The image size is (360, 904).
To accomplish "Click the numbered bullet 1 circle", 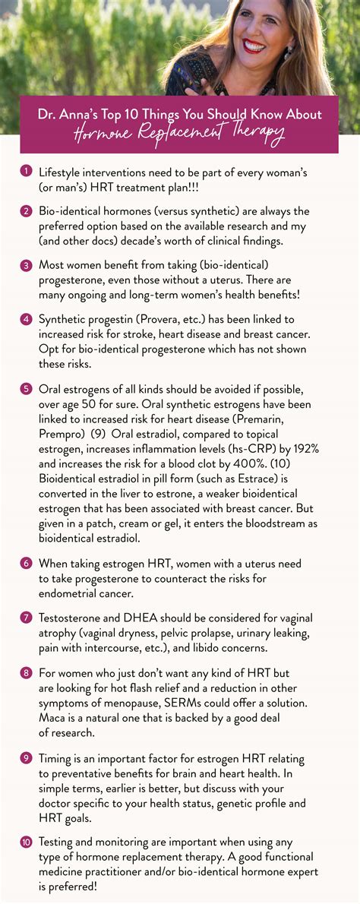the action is [25, 172].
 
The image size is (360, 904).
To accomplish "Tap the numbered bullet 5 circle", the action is [25, 387].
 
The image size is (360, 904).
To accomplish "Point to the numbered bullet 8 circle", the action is [25, 674].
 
